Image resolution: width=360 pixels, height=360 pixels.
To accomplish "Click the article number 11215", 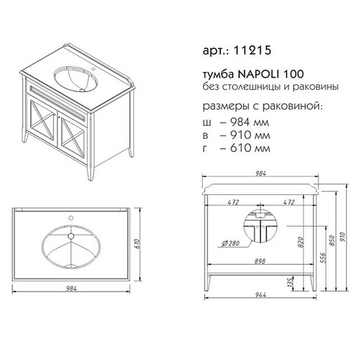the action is point(252,50).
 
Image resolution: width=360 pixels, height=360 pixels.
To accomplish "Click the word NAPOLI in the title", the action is point(258,74).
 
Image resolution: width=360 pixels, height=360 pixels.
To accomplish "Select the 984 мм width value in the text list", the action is point(250,122).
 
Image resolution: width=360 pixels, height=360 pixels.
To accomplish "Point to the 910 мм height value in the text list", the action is point(250,135).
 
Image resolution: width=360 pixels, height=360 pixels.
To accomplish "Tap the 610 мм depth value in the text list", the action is point(250,148).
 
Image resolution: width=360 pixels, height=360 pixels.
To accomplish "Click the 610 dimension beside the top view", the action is point(137,244).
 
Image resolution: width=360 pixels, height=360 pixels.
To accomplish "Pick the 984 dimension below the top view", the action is point(71,288).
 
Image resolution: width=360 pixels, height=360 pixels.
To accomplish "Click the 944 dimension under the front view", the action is point(261,294).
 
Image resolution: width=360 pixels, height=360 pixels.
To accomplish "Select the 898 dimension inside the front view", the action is point(260,261).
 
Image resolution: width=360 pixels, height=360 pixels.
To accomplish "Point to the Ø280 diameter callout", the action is point(231,243).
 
